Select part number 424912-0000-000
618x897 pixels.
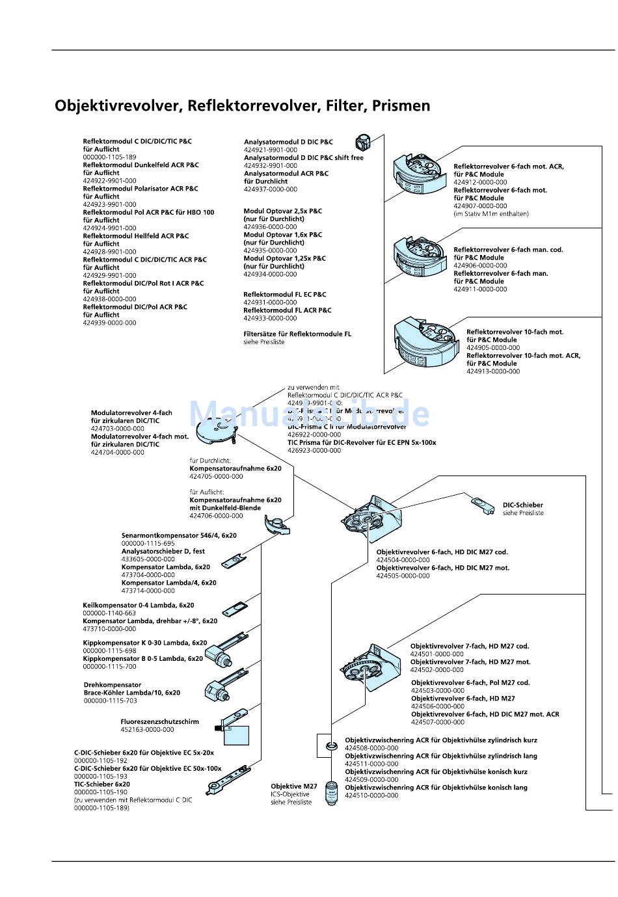tap(480, 183)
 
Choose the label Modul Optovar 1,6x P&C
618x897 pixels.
tap(282, 235)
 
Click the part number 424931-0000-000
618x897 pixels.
tap(270, 302)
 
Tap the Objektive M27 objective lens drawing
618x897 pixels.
tap(332, 794)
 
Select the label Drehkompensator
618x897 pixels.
tap(113, 685)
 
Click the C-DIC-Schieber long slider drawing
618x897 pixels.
tap(228, 779)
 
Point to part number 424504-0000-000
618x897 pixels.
tap(403, 560)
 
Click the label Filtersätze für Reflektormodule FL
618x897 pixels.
tap(297, 334)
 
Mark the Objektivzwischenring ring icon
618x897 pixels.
tap(331, 744)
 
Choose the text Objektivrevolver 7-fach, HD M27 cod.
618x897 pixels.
tap(469, 647)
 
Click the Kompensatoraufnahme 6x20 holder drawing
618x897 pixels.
tap(276, 525)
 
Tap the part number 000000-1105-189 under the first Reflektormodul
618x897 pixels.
tap(109, 157)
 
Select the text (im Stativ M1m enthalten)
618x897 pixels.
tap(490, 214)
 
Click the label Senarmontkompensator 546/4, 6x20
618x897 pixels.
tap(179, 536)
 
